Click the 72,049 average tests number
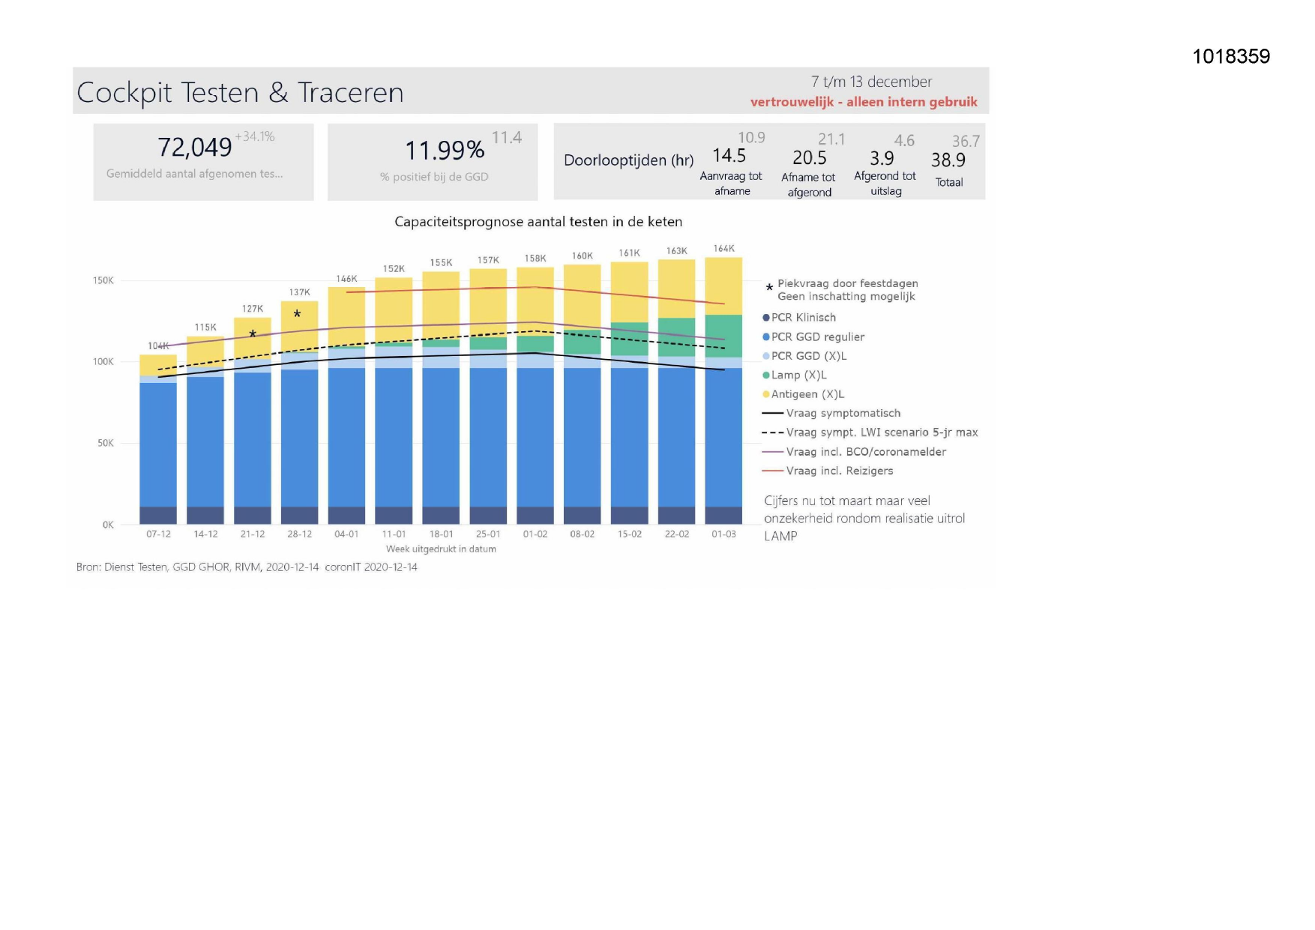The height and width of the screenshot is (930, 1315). point(195,148)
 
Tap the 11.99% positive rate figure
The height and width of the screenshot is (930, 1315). point(445,151)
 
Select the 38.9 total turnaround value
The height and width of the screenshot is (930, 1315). point(948,160)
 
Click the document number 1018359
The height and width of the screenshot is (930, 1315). point(1230,57)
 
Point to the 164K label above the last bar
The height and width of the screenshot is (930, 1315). point(723,249)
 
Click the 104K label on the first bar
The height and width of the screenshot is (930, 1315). point(158,346)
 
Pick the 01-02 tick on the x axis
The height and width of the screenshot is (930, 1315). point(535,534)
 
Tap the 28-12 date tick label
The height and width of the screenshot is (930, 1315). point(299,534)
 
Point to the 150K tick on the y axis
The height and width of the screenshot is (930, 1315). point(103,281)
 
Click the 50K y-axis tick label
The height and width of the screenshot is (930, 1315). point(106,444)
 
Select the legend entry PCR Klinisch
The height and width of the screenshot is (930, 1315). point(803,318)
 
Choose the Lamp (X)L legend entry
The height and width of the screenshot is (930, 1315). point(798,375)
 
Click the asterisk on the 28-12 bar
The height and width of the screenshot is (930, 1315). point(298,315)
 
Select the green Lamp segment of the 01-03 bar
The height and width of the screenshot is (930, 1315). point(723,336)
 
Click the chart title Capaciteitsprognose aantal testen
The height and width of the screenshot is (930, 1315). point(538,222)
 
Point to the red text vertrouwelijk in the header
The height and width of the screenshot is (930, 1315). point(792,102)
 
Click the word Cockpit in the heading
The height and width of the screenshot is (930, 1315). point(124,93)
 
